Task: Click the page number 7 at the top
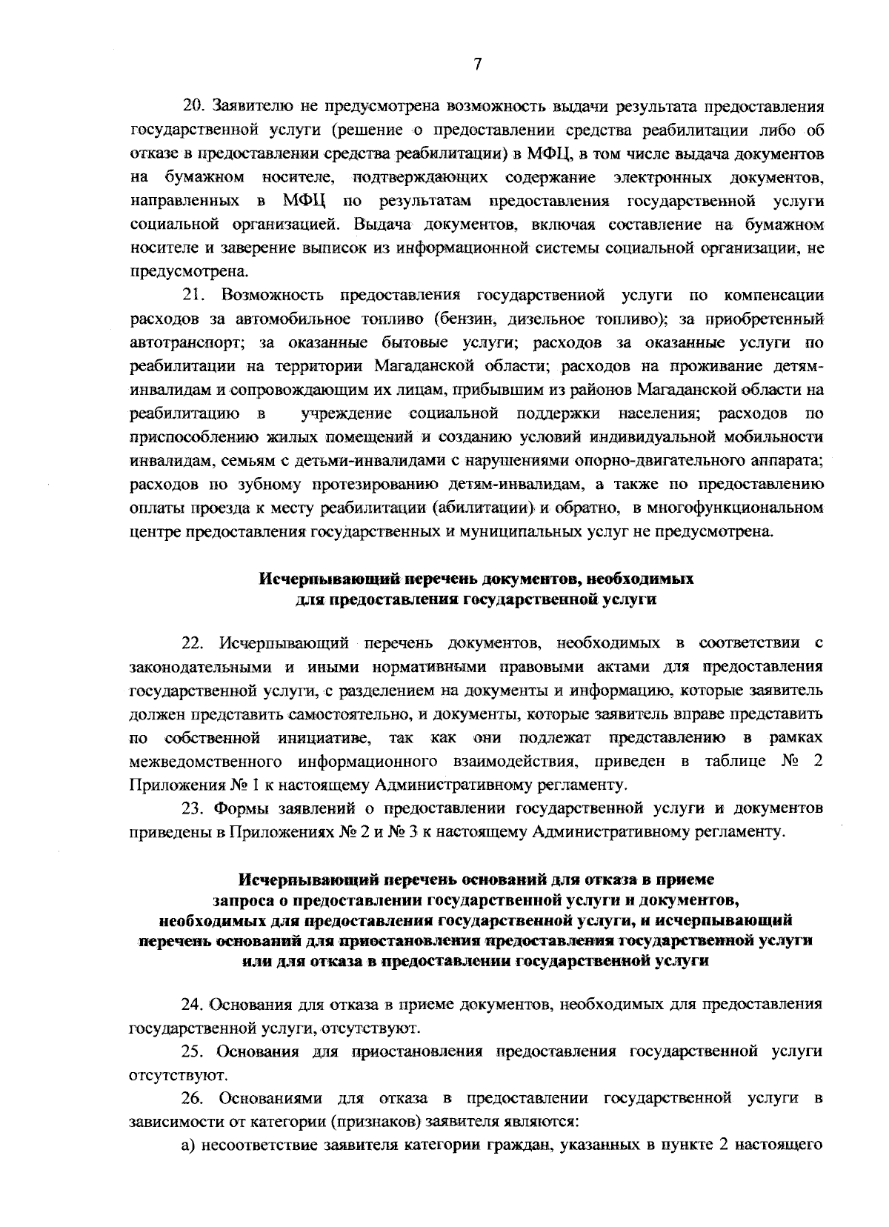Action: point(478,65)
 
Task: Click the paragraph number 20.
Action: point(193,107)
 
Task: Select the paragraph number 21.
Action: point(193,296)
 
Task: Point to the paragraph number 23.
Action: point(193,806)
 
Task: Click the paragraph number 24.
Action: point(193,1005)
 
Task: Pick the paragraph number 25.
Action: point(193,1051)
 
